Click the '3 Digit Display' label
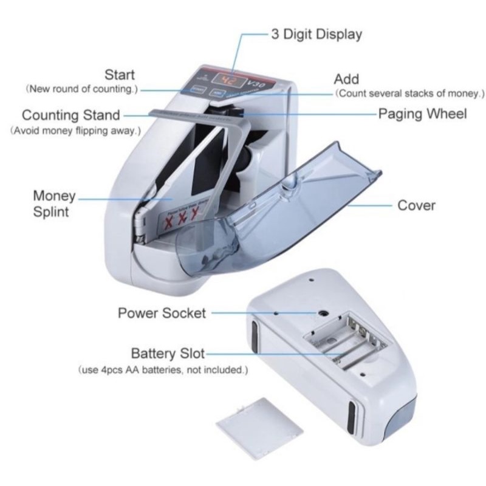click(x=316, y=34)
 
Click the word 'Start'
click(x=120, y=75)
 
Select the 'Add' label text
click(x=346, y=79)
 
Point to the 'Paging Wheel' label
click(x=422, y=114)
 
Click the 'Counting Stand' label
click(x=71, y=115)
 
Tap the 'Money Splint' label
click(x=54, y=204)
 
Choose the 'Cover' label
click(x=416, y=205)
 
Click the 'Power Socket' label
click(x=162, y=313)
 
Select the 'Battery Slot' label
click(x=168, y=354)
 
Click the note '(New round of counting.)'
click(x=82, y=89)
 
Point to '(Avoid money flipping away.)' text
click(x=75, y=131)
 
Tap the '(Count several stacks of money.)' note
click(x=410, y=94)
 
